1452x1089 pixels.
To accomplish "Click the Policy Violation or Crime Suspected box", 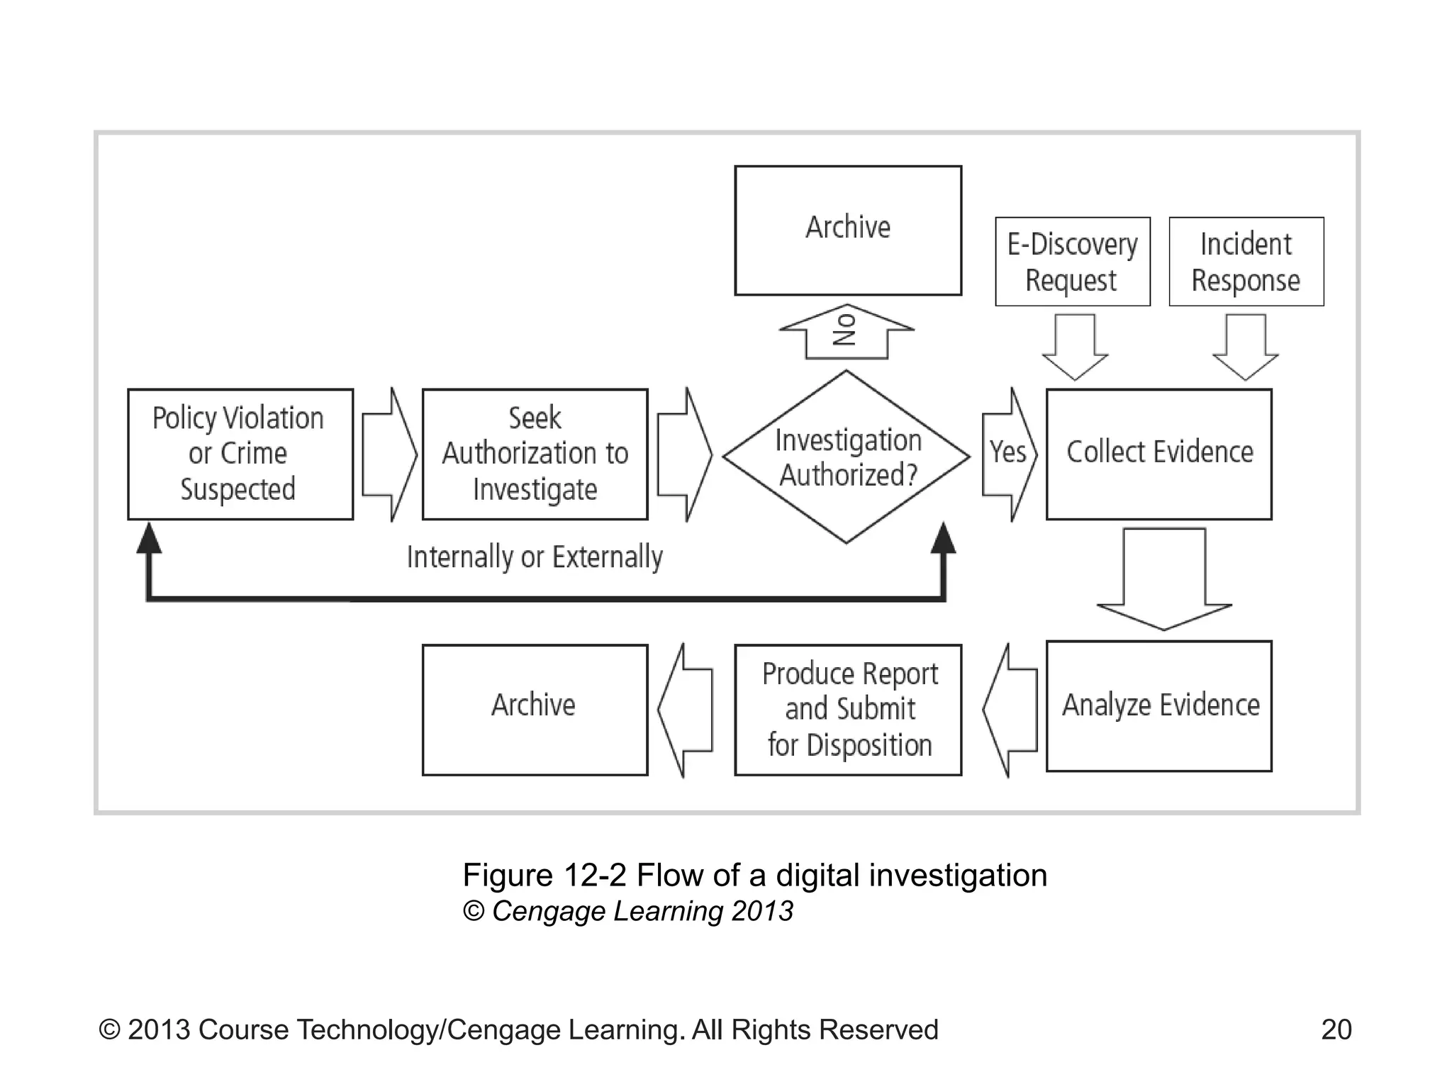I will point(240,454).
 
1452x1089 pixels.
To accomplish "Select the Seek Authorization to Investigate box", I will point(535,454).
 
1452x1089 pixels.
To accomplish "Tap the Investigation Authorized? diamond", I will point(846,457).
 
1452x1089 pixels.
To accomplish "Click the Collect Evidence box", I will point(1158,454).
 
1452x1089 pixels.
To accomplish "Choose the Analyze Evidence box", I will point(1158,706).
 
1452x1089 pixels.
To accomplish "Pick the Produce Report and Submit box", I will point(848,709).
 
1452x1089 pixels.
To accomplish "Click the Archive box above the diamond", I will point(848,230).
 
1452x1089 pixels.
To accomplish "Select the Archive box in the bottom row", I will point(535,709).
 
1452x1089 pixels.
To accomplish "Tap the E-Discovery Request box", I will point(1072,262).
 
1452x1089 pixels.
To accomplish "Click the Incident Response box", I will point(1246,262).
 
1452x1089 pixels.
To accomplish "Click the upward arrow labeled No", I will point(846,332).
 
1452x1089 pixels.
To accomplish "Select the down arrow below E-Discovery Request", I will point(1075,347).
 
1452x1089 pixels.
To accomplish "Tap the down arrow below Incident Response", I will point(1246,347).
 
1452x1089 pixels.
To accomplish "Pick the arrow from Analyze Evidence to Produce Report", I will point(1010,709).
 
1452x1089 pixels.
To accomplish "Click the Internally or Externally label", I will point(535,557).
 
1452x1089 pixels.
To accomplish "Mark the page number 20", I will point(1336,1029).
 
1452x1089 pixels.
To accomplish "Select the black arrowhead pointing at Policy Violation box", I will point(149,539).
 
